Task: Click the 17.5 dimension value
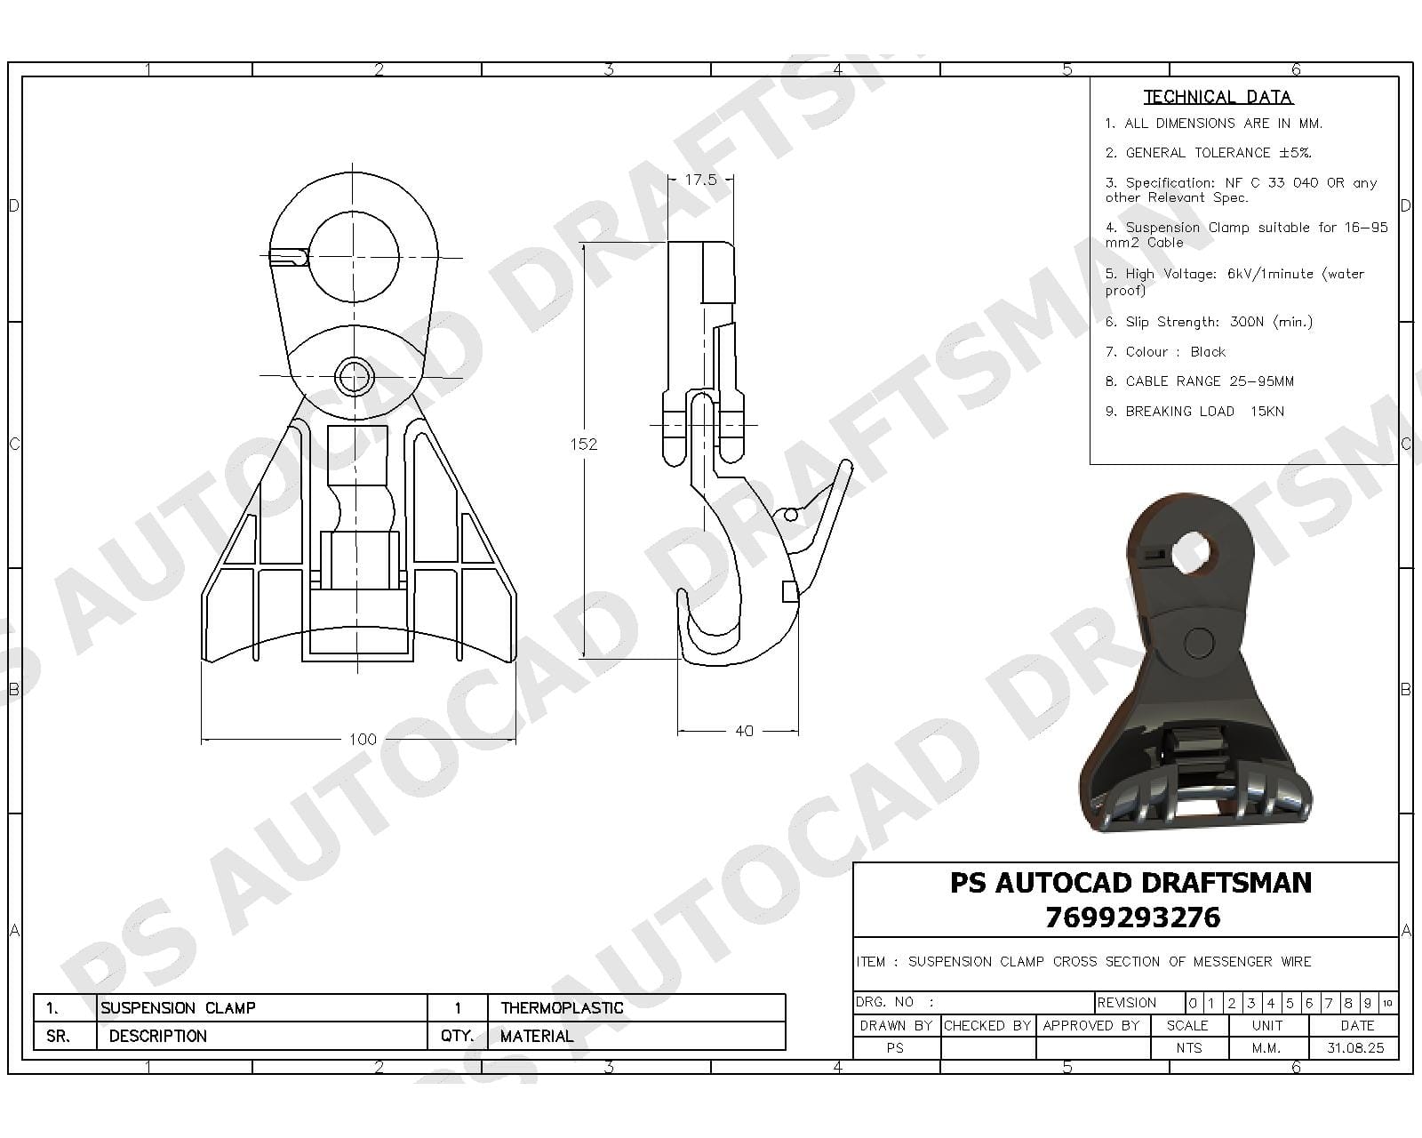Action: pos(700,180)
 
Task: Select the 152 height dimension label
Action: pos(583,444)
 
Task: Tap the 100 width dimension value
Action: pos(362,739)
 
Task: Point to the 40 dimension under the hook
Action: pos(744,731)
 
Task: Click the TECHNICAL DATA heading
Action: pos(1218,97)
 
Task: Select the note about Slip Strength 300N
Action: pos(1209,322)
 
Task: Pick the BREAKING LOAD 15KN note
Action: pos(1194,411)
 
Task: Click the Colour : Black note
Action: pos(1165,352)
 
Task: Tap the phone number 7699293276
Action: pos(1132,917)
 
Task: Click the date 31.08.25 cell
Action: pos(1355,1047)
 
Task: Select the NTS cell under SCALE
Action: pos(1188,1047)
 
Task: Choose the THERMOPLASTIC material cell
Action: pos(562,1007)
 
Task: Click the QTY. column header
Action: pos(457,1036)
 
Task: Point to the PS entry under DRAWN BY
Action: pos(895,1047)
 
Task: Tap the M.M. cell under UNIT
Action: pos(1266,1047)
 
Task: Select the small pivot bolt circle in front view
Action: pos(354,376)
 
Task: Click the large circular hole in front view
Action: pos(354,257)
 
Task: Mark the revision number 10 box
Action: pos(1387,1003)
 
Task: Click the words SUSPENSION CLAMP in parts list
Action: pos(178,1007)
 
